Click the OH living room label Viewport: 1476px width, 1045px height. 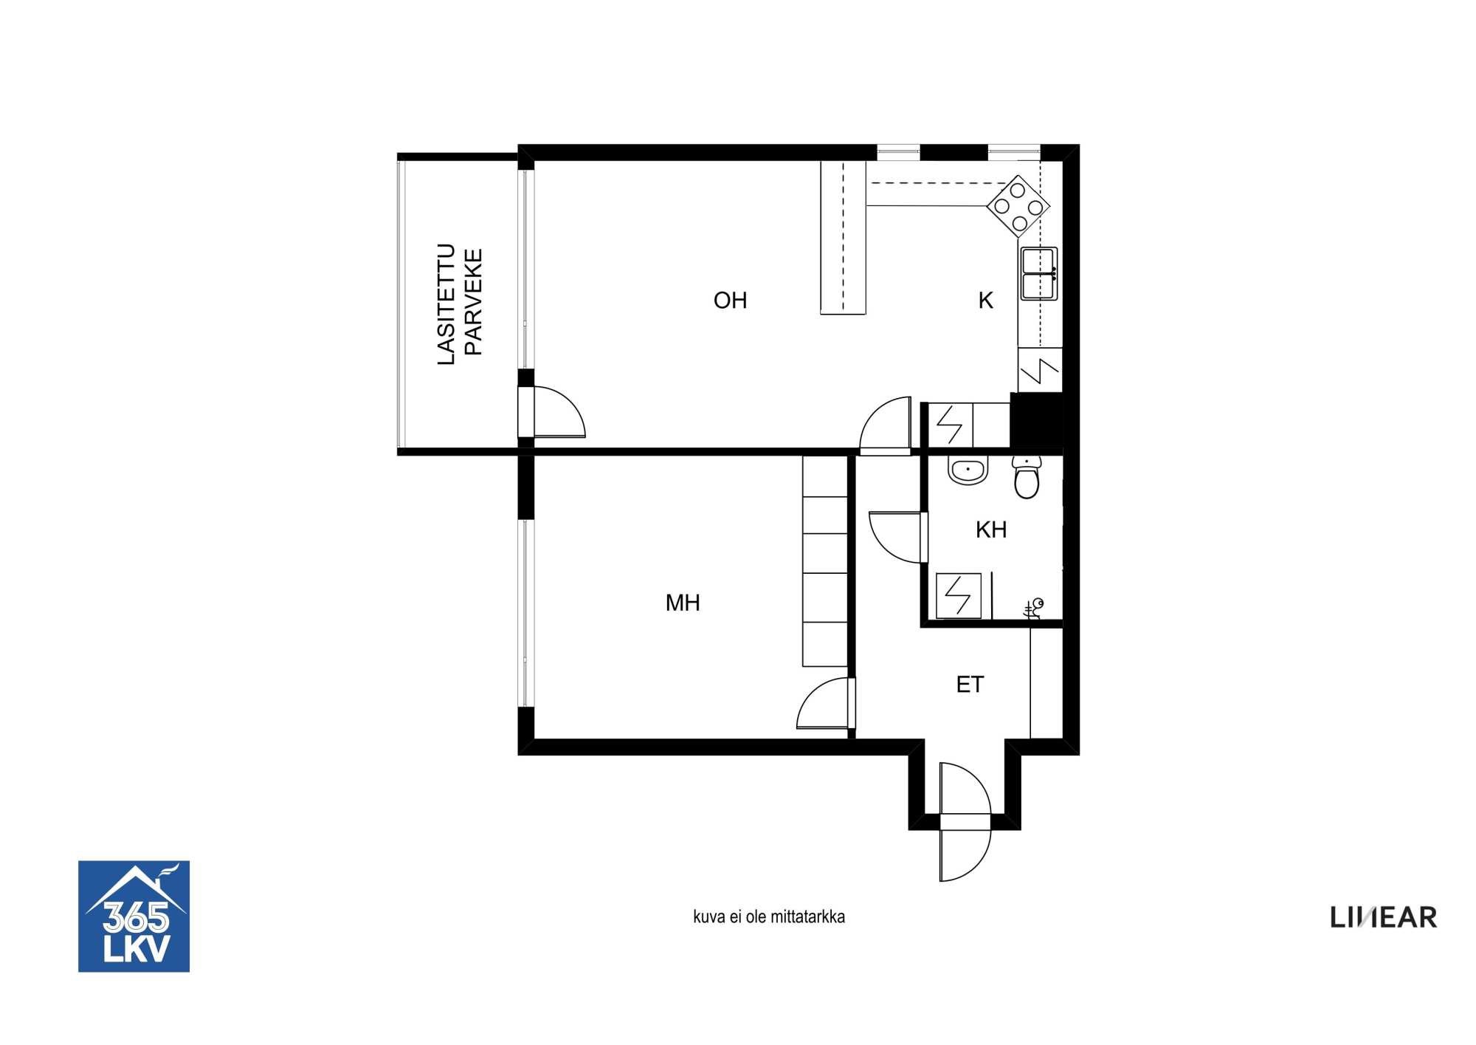pyautogui.click(x=730, y=301)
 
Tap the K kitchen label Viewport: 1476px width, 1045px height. pyautogui.click(x=985, y=301)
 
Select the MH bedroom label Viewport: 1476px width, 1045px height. pyautogui.click(x=683, y=603)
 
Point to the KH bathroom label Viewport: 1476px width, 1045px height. pyautogui.click(x=991, y=530)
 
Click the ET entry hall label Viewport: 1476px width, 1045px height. pyautogui.click(x=970, y=685)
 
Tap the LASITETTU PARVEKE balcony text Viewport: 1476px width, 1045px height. pyautogui.click(x=459, y=304)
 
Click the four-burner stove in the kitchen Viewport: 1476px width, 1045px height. pyautogui.click(x=1018, y=206)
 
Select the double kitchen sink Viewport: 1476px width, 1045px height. pyautogui.click(x=1039, y=274)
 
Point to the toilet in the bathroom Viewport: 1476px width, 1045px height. pyautogui.click(x=1027, y=476)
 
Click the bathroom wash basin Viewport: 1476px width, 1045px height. pyautogui.click(x=968, y=470)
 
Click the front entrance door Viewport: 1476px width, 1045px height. pyautogui.click(x=965, y=822)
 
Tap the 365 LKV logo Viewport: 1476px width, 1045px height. pyautogui.click(x=134, y=916)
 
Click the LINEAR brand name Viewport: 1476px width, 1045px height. pyautogui.click(x=1384, y=917)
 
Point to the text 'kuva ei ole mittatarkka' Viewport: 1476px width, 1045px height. pyautogui.click(x=769, y=916)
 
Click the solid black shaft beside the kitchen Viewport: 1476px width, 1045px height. pyautogui.click(x=1036, y=420)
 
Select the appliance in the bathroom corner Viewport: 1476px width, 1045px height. pyautogui.click(x=959, y=595)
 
